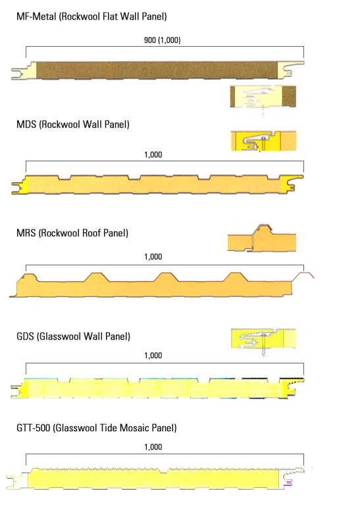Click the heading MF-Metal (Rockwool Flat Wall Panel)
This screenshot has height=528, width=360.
[x=91, y=16]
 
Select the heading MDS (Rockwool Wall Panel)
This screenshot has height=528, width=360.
[x=73, y=124]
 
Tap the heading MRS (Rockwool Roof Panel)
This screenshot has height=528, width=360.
[x=72, y=233]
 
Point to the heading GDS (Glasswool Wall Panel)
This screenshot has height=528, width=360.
[x=74, y=336]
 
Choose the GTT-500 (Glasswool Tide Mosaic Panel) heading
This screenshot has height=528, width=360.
[x=97, y=428]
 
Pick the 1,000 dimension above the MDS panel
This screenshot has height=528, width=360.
[x=153, y=155]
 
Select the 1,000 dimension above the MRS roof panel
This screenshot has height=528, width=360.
[x=153, y=257]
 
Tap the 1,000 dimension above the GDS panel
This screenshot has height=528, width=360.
[x=153, y=356]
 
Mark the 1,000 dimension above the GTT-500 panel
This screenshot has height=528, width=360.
[x=153, y=447]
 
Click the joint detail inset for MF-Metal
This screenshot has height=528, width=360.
[x=263, y=97]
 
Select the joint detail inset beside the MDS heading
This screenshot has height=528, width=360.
[x=263, y=141]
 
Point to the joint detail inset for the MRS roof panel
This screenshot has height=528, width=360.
[x=262, y=238]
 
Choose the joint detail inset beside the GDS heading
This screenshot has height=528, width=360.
[x=263, y=340]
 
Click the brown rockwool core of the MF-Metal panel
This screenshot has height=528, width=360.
[x=157, y=70]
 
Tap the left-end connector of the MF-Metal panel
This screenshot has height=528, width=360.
[x=24, y=70]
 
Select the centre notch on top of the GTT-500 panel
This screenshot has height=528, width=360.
[x=163, y=471]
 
